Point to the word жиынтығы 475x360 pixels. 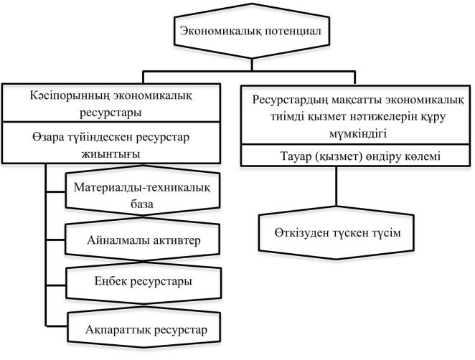click(x=111, y=154)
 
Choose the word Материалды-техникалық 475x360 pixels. click(x=142, y=187)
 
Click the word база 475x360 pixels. click(x=142, y=204)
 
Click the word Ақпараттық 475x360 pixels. click(x=118, y=330)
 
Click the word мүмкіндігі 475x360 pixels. click(x=358, y=133)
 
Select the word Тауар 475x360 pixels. click(x=296, y=156)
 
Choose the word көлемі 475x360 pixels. click(x=423, y=156)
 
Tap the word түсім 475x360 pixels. click(x=387, y=233)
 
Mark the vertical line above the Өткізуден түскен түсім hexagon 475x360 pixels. click(x=337, y=186)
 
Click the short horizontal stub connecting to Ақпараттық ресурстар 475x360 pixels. click(x=57, y=326)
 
